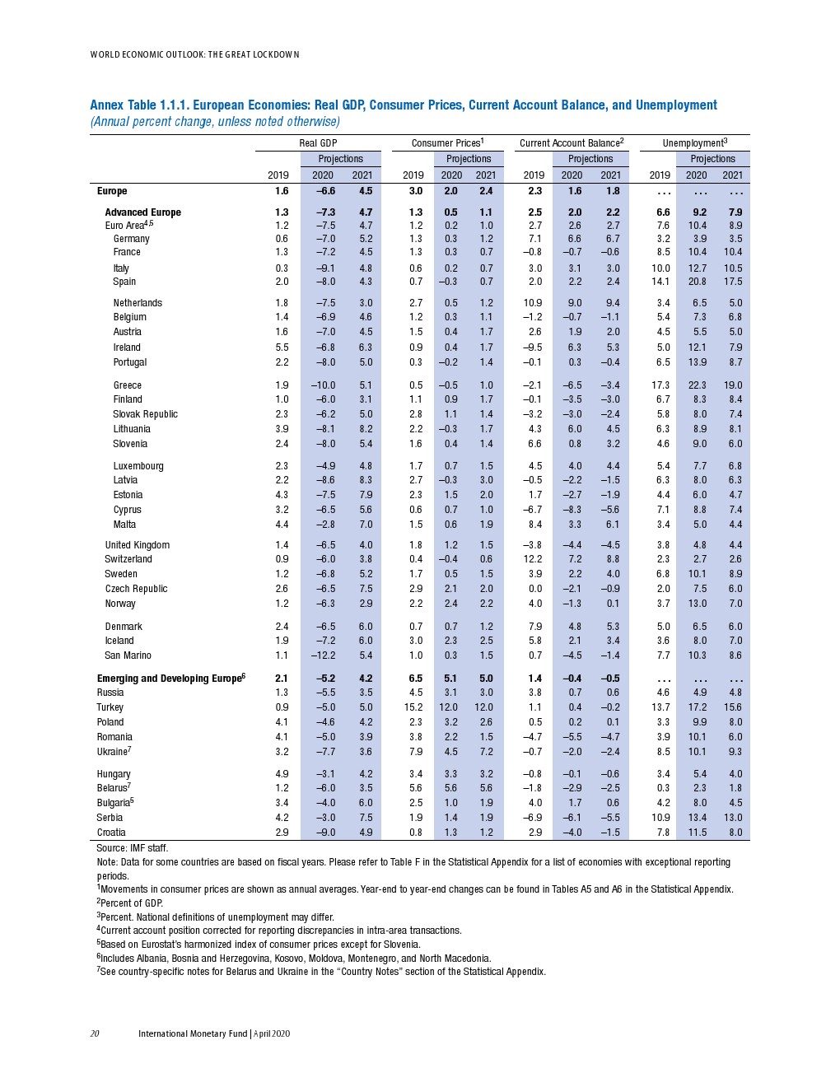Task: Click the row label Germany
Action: [131, 239]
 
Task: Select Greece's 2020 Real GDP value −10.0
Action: [323, 385]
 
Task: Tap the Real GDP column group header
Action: [318, 143]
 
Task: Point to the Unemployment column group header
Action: [694, 143]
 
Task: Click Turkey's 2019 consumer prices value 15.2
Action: [413, 707]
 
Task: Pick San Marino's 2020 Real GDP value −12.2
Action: [323, 655]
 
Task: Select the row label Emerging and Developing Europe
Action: [170, 679]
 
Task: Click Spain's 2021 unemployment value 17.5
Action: [733, 282]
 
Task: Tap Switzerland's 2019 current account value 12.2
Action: [533, 559]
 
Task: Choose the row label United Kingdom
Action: [137, 545]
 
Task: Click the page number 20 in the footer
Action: [95, 1033]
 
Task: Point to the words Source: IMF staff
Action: [132, 847]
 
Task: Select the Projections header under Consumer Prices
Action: [469, 159]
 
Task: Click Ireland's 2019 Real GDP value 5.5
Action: [282, 348]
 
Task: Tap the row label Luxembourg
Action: [138, 466]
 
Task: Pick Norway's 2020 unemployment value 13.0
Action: [697, 604]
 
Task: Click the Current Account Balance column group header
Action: [571, 143]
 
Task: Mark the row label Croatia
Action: [111, 833]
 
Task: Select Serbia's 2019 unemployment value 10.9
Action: [660, 818]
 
